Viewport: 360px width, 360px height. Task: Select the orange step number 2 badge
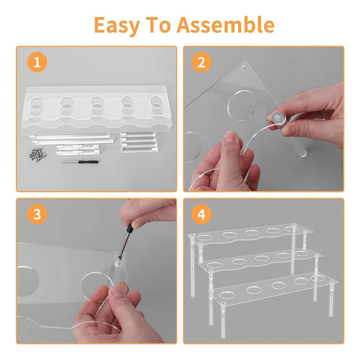(x=201, y=63)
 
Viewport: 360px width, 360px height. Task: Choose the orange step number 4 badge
(x=201, y=215)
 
